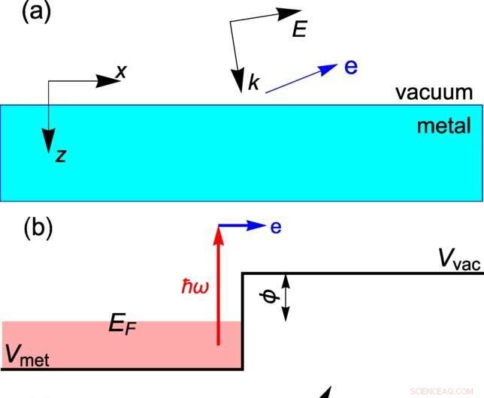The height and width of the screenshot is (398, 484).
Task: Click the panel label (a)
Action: click(x=26, y=13)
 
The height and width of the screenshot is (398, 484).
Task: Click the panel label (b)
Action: click(x=27, y=228)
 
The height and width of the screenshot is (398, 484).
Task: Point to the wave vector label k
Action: click(x=253, y=83)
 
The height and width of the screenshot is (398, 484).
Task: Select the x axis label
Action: click(x=119, y=71)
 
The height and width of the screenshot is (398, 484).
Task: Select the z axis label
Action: click(x=60, y=155)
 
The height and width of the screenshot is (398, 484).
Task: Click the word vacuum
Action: click(x=435, y=92)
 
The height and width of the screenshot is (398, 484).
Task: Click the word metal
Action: click(x=443, y=126)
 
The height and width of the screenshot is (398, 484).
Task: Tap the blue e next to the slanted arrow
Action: click(x=350, y=67)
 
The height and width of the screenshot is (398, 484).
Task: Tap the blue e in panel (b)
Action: click(x=276, y=226)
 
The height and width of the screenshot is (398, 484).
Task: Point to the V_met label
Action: click(x=27, y=355)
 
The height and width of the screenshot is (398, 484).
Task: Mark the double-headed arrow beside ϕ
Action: click(x=286, y=297)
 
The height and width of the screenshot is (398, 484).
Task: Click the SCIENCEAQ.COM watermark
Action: click(x=443, y=389)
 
